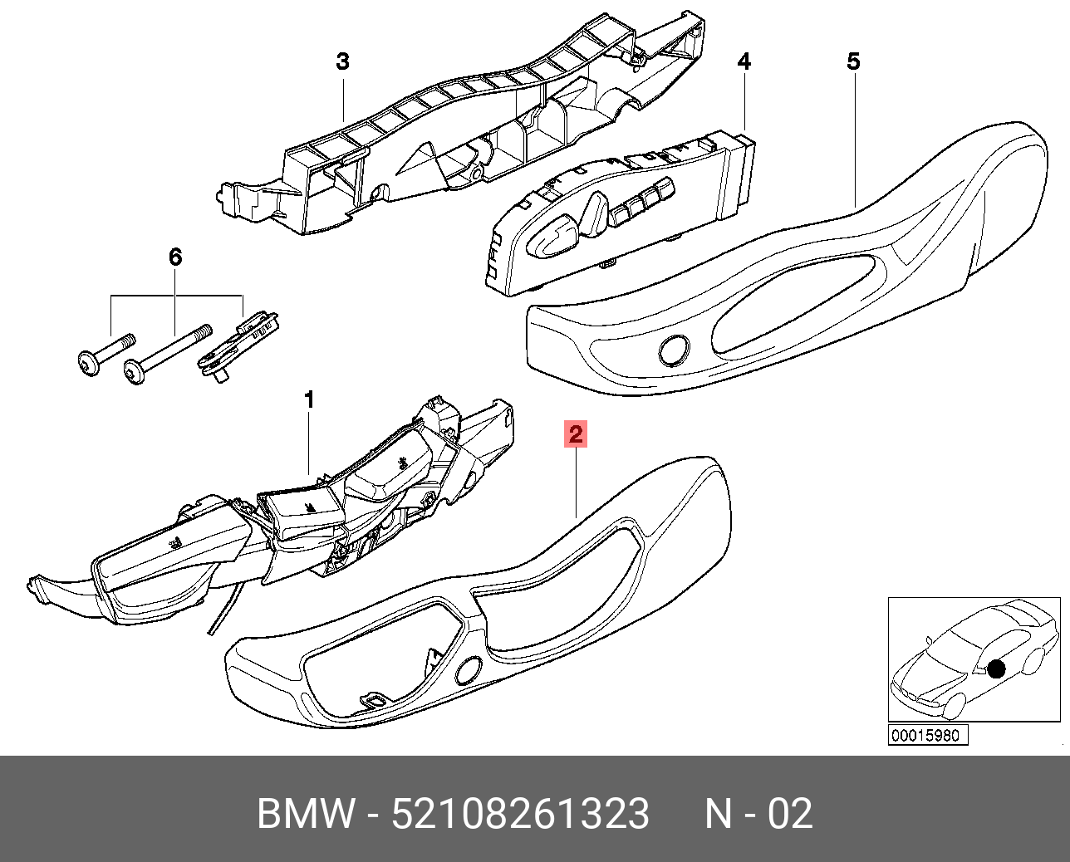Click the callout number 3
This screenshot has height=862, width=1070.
[342, 61]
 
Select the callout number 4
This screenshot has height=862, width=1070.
[744, 61]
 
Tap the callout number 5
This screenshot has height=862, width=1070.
[853, 61]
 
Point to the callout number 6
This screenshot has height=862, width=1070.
[175, 257]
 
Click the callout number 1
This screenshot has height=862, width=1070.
[309, 399]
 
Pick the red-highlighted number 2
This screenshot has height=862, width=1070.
[575, 434]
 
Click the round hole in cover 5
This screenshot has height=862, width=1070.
[674, 350]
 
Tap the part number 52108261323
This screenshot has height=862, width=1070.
[520, 814]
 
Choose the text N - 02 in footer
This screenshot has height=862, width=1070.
[758, 814]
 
